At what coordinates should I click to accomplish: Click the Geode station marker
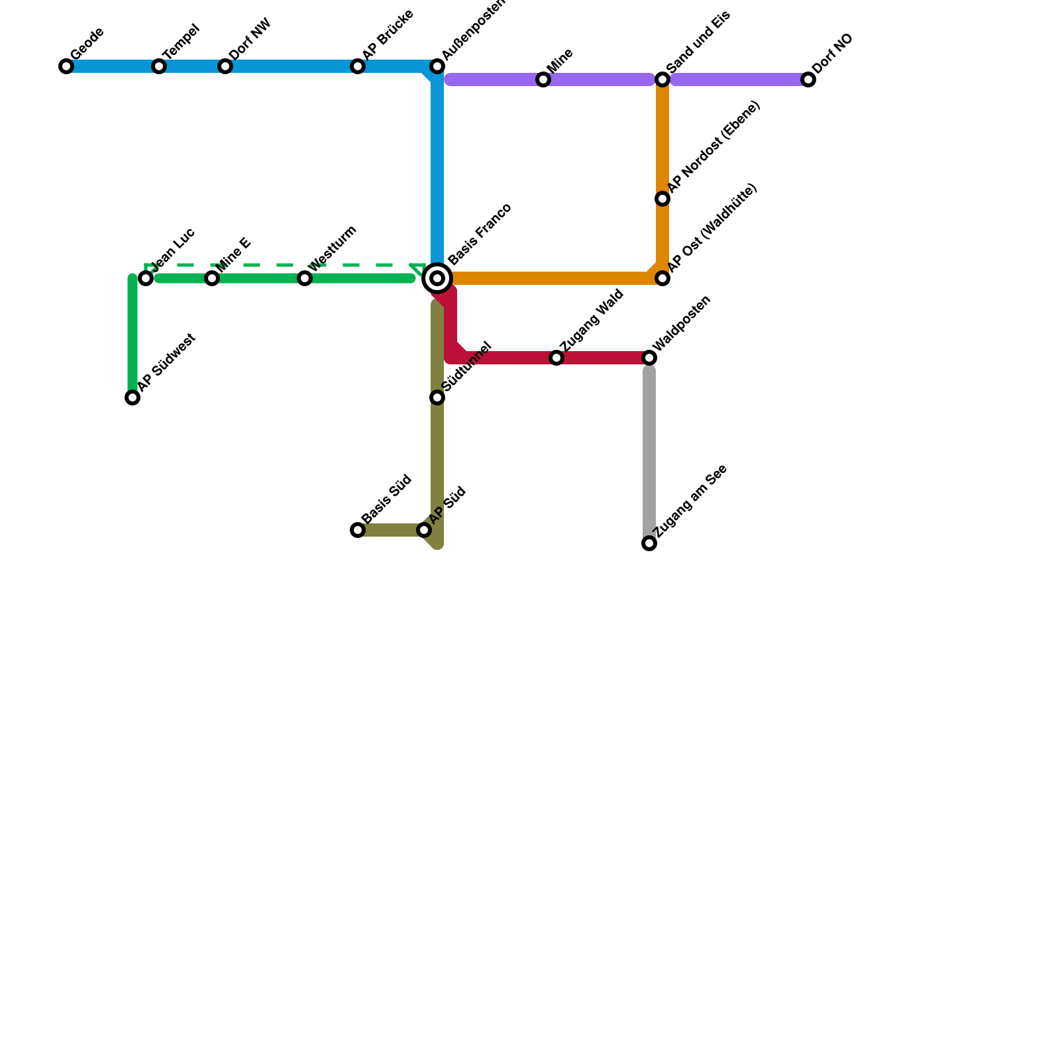(66, 66)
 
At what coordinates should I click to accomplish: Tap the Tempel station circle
(159, 66)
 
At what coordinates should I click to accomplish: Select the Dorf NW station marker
(225, 66)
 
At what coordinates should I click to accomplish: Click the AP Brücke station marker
(358, 66)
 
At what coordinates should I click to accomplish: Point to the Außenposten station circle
(437, 66)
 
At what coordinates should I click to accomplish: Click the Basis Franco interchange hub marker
(437, 278)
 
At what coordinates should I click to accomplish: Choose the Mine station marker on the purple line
(543, 80)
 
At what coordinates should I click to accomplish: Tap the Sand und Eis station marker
(662, 80)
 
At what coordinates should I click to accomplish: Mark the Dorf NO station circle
(808, 80)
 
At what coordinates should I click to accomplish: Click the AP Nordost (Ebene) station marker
(662, 199)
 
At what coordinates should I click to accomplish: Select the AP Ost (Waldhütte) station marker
(662, 278)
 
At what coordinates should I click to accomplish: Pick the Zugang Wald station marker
(556, 358)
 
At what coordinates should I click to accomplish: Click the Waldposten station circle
(649, 358)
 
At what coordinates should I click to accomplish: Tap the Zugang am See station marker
(649, 543)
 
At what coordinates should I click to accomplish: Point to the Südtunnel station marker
(437, 397)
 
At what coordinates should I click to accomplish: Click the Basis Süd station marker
(358, 530)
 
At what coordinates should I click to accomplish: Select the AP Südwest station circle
(132, 397)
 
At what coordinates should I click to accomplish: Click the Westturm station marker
(305, 278)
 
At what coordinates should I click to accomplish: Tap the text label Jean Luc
(173, 248)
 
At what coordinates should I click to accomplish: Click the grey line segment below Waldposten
(649, 450)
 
